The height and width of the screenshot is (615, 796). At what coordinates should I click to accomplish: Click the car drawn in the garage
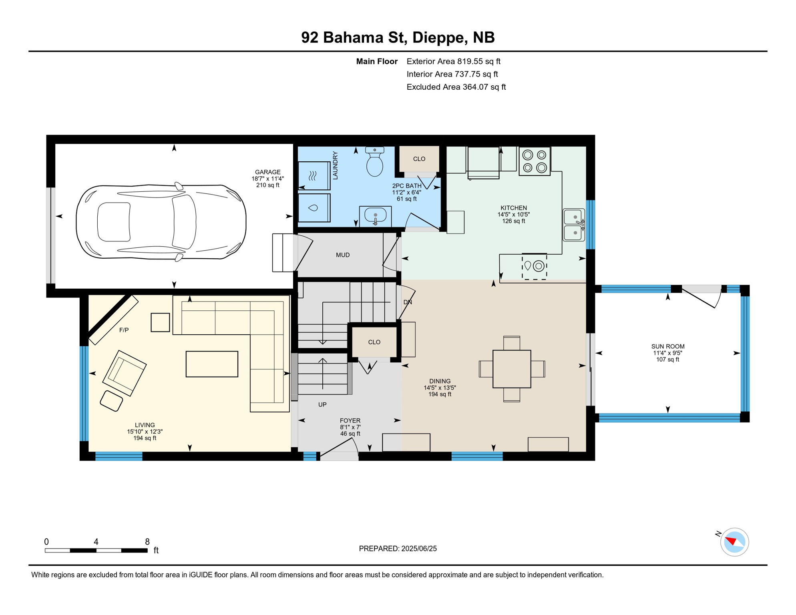[161, 222]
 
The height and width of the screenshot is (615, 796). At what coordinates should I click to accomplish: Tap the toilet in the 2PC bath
[375, 162]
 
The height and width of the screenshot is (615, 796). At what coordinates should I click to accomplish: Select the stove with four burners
[535, 161]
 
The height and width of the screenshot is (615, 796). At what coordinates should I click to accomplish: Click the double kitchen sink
[574, 225]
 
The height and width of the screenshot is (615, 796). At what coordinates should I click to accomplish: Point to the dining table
[512, 369]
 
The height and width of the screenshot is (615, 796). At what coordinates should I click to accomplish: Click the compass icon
[734, 542]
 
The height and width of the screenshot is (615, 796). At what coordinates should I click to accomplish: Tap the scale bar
[96, 551]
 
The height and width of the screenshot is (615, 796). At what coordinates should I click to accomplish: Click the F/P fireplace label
[124, 330]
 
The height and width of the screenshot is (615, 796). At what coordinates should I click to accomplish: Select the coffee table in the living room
[212, 364]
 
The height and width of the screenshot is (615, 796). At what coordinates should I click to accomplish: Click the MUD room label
[343, 255]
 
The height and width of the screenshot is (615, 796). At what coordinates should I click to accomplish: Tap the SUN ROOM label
[668, 346]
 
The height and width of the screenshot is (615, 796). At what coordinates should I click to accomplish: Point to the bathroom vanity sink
[375, 216]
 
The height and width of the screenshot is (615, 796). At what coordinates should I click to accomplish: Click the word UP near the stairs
[322, 404]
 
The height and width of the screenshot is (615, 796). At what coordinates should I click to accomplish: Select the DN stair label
[408, 302]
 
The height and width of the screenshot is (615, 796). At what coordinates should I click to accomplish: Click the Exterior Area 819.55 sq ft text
[454, 61]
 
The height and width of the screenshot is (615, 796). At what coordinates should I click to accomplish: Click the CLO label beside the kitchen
[419, 159]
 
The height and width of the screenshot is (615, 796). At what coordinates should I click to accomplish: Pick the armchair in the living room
[125, 373]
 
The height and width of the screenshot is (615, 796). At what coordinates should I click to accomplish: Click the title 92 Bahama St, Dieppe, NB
[398, 37]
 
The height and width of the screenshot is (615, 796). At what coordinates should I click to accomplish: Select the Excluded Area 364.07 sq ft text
[456, 87]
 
